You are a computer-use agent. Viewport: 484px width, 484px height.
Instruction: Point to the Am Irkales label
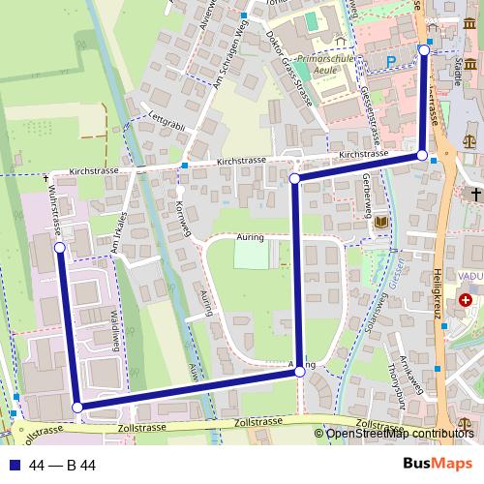point(120,232)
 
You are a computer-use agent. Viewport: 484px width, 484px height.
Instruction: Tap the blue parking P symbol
point(391,60)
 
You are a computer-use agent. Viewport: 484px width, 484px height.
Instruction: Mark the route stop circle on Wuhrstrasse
point(60,248)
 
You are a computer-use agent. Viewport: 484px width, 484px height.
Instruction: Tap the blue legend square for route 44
point(15,466)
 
